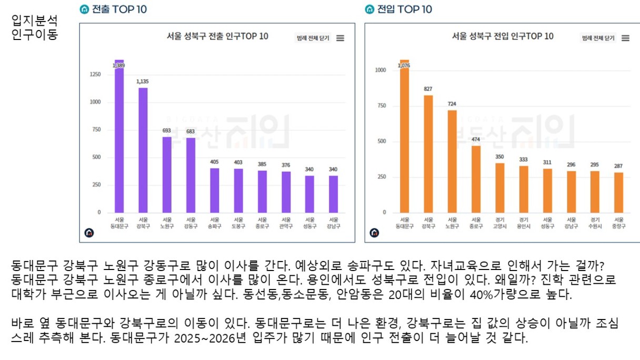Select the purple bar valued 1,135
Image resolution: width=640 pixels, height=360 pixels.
pos(143,150)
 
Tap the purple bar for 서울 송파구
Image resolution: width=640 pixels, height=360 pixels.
pos(215,190)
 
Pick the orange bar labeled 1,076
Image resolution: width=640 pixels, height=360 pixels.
pos(404,137)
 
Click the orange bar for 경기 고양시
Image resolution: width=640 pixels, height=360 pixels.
pos(499,188)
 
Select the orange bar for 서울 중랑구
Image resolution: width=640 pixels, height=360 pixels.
pos(618,193)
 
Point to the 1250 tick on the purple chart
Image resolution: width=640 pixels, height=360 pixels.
pos(95,75)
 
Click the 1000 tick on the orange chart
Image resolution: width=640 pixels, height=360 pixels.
pos(380,70)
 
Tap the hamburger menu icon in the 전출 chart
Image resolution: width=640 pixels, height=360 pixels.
pos(340,38)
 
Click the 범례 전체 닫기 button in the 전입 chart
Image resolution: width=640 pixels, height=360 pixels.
pos(598,38)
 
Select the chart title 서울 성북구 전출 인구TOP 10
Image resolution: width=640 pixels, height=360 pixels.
pos(217,36)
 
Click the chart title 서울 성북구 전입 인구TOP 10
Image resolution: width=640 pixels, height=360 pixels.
pos(503,36)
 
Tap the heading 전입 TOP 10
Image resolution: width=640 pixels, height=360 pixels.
pos(404,9)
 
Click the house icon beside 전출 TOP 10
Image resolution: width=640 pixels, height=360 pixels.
pos(84,9)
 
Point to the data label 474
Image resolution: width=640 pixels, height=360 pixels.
pos(476,139)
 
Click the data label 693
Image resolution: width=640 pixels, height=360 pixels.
pos(167,131)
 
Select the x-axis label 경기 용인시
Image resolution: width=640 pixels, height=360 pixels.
pos(523,223)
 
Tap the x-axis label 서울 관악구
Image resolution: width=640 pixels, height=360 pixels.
pos(286,223)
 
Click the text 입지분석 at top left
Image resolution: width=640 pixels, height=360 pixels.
pos(34,21)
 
